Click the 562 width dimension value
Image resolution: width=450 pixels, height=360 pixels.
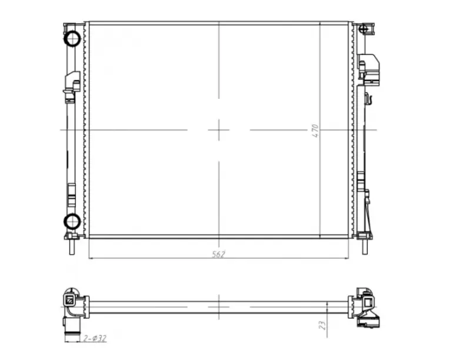point(219,254)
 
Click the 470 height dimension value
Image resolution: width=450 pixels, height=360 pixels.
point(315,131)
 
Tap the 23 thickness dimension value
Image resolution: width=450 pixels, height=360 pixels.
point(322,325)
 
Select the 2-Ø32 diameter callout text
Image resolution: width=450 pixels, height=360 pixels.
point(95,338)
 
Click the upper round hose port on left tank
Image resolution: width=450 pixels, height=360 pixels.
point(72,38)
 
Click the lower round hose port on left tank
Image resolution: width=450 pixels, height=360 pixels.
point(72,221)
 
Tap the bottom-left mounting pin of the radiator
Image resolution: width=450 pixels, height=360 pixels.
point(72,247)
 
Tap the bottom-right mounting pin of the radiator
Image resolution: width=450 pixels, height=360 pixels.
point(365,247)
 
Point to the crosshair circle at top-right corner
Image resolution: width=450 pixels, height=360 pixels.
point(364,29)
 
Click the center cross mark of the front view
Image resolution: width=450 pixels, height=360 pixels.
point(219,130)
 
